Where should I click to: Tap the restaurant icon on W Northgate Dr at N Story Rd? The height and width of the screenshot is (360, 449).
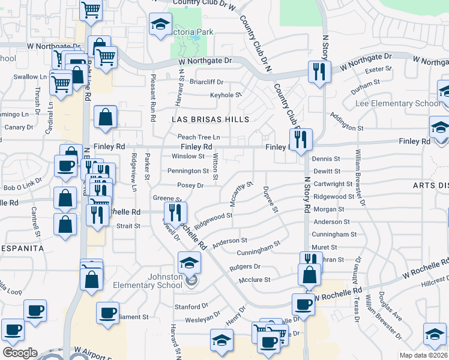tap(318, 72)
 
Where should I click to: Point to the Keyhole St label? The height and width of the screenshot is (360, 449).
tap(226, 95)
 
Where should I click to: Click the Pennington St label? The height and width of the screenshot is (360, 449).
tap(188, 171)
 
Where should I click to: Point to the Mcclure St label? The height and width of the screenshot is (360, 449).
tap(255, 279)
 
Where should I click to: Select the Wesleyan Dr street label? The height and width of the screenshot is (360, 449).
tap(203, 320)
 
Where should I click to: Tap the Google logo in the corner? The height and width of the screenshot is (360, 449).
tap(20, 353)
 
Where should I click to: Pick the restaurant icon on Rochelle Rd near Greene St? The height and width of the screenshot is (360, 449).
tap(176, 212)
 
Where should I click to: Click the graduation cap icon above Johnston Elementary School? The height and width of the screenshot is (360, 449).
tap(188, 262)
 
